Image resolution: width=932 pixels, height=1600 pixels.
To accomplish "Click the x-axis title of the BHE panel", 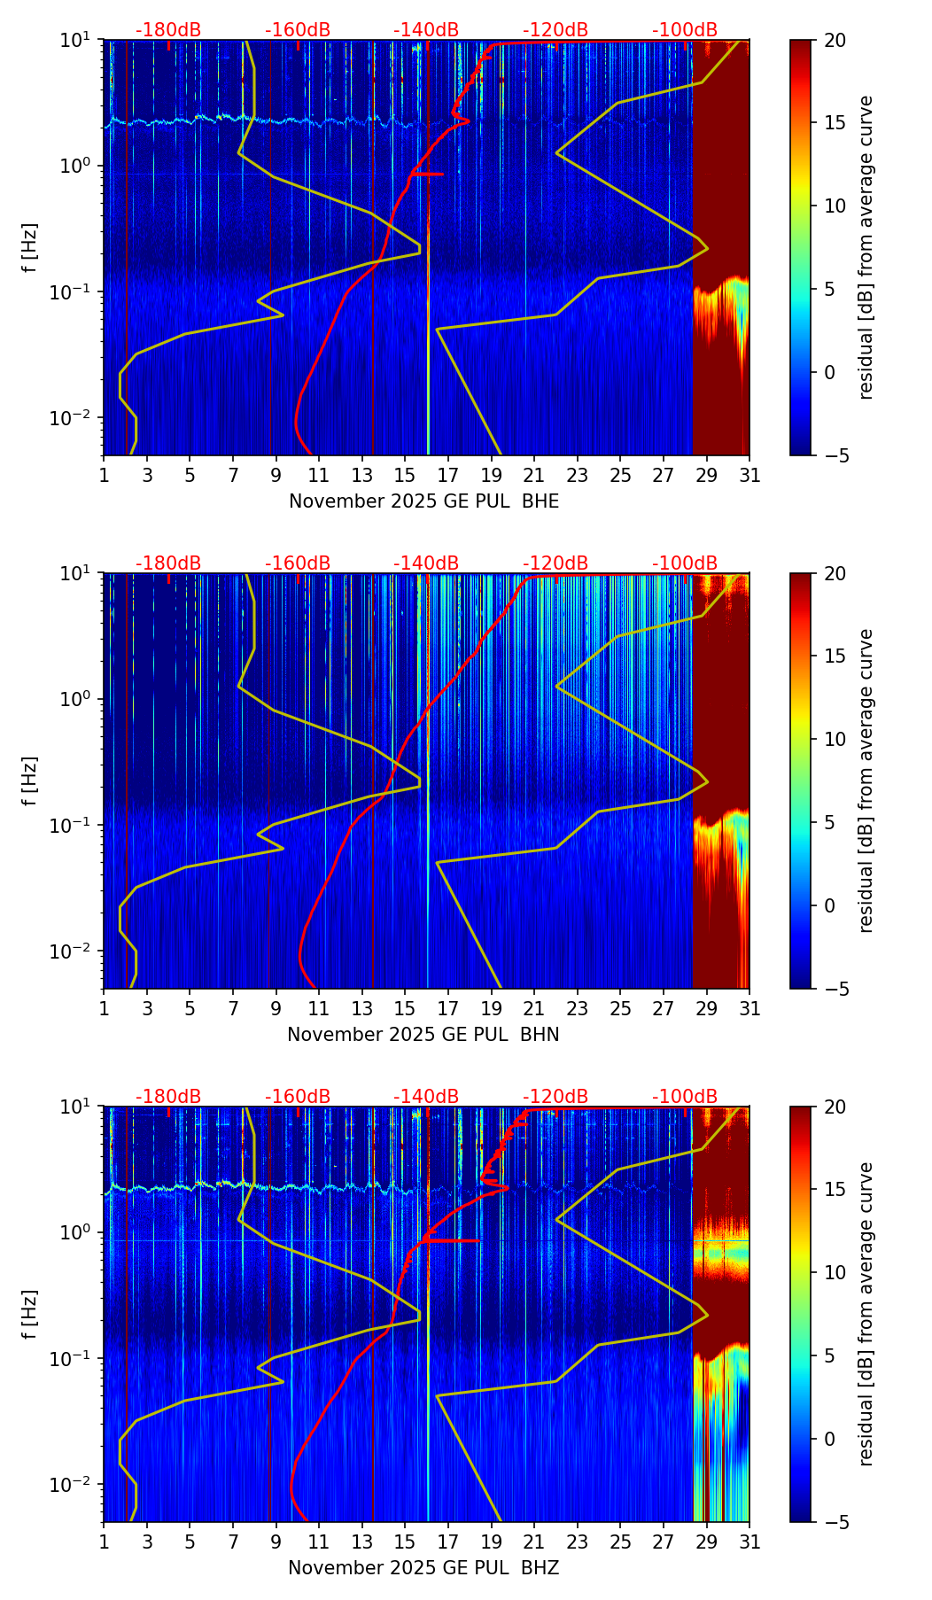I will (423, 501).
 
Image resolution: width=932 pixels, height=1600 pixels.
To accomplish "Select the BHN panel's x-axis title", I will (423, 1035).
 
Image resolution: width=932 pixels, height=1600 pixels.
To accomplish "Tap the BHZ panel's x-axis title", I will (423, 1568).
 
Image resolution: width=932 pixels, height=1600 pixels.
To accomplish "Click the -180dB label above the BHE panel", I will (168, 30).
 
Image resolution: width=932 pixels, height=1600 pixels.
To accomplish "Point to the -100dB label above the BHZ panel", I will (685, 1097).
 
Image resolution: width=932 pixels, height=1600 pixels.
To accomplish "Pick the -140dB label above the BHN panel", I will (426, 563).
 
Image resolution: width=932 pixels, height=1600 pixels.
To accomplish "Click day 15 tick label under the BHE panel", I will (405, 475).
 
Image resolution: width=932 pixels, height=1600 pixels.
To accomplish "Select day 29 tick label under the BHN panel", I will (707, 1008).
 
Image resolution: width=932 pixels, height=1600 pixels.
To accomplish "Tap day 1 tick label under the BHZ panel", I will (105, 1542).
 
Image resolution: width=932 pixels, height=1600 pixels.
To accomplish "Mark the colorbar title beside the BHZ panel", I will (866, 1314).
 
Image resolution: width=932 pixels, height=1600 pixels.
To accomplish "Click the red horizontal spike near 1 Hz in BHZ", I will (456, 1240).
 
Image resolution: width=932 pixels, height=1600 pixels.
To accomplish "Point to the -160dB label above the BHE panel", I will (298, 30).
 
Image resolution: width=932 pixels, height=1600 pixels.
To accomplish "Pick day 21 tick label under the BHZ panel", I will (534, 1542).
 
